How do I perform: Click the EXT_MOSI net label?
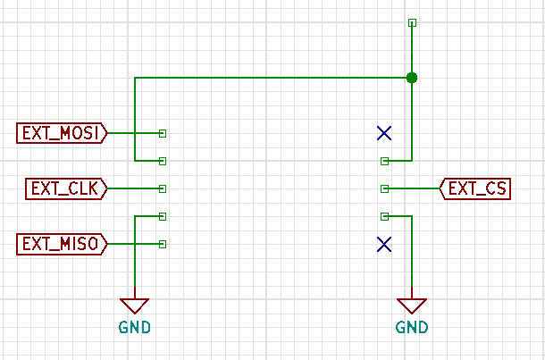point(62,133)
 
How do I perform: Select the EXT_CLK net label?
point(66,188)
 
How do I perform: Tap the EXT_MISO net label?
point(62,244)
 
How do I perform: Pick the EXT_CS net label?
point(475,188)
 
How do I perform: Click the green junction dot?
point(412,78)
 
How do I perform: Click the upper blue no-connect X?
point(384,133)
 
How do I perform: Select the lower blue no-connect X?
point(384,244)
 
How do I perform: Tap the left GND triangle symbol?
point(135,306)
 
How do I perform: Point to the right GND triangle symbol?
point(412,306)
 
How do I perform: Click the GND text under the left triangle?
point(135,327)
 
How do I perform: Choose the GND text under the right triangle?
point(412,327)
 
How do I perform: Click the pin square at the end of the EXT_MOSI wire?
point(163,133)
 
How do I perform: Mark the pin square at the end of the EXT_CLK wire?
point(163,188)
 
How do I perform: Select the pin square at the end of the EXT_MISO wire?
point(163,244)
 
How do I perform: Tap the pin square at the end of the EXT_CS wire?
point(384,188)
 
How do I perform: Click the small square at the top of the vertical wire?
point(412,23)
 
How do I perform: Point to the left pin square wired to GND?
point(163,216)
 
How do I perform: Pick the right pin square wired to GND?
point(384,216)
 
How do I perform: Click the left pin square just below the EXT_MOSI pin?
point(163,161)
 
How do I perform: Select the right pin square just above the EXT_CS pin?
point(384,161)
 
